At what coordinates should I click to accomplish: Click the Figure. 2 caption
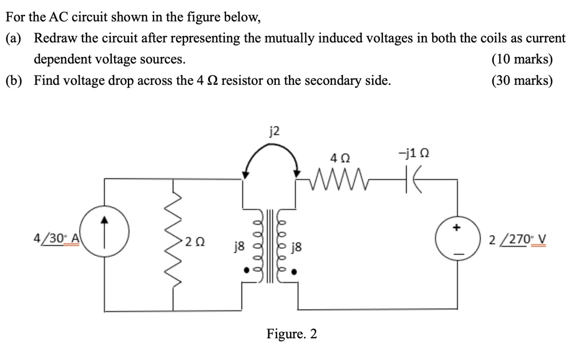[x=292, y=334]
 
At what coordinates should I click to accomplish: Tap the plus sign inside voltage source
[x=457, y=228]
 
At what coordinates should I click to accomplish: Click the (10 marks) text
[x=522, y=59]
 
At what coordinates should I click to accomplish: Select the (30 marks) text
[x=522, y=81]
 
